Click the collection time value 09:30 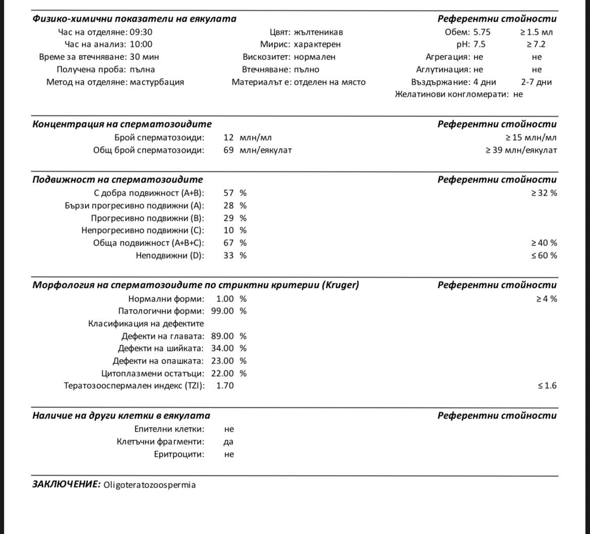point(142,32)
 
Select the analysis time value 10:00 point(141,44)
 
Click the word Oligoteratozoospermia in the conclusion point(149,485)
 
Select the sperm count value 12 point(228,137)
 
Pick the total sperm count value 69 point(228,150)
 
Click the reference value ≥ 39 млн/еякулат point(521,150)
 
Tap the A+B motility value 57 point(228,193)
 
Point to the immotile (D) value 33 point(228,256)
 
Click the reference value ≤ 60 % point(544,256)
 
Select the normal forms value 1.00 point(225,299)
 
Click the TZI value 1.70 point(225,386)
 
